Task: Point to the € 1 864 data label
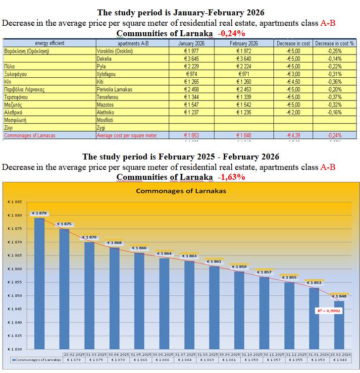[165, 254]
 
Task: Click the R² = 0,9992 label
[328, 311]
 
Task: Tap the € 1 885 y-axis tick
[14, 202]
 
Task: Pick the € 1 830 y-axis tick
[14, 349]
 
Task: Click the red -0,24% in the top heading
[231, 34]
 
